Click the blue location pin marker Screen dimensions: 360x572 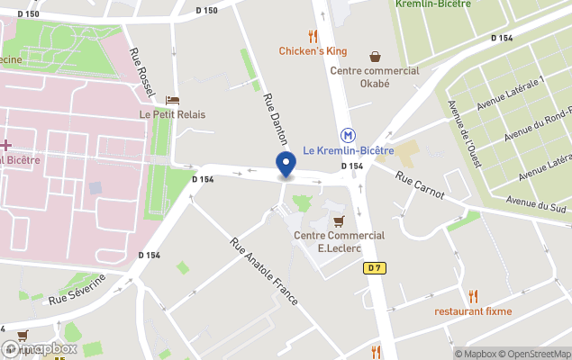286,166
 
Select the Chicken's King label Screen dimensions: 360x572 313,51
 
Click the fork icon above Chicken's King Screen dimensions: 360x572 313,36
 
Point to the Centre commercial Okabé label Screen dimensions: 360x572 375,76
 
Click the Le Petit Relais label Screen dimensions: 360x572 172,114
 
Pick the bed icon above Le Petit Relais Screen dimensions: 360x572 172,100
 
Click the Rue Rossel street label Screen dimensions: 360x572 142,70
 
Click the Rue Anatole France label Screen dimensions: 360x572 263,271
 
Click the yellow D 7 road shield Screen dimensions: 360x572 375,268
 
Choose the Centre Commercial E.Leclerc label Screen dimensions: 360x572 339,241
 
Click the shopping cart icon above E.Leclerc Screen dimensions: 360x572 339,220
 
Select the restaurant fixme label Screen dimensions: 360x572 473,311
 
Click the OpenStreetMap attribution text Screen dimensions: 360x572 534,354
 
